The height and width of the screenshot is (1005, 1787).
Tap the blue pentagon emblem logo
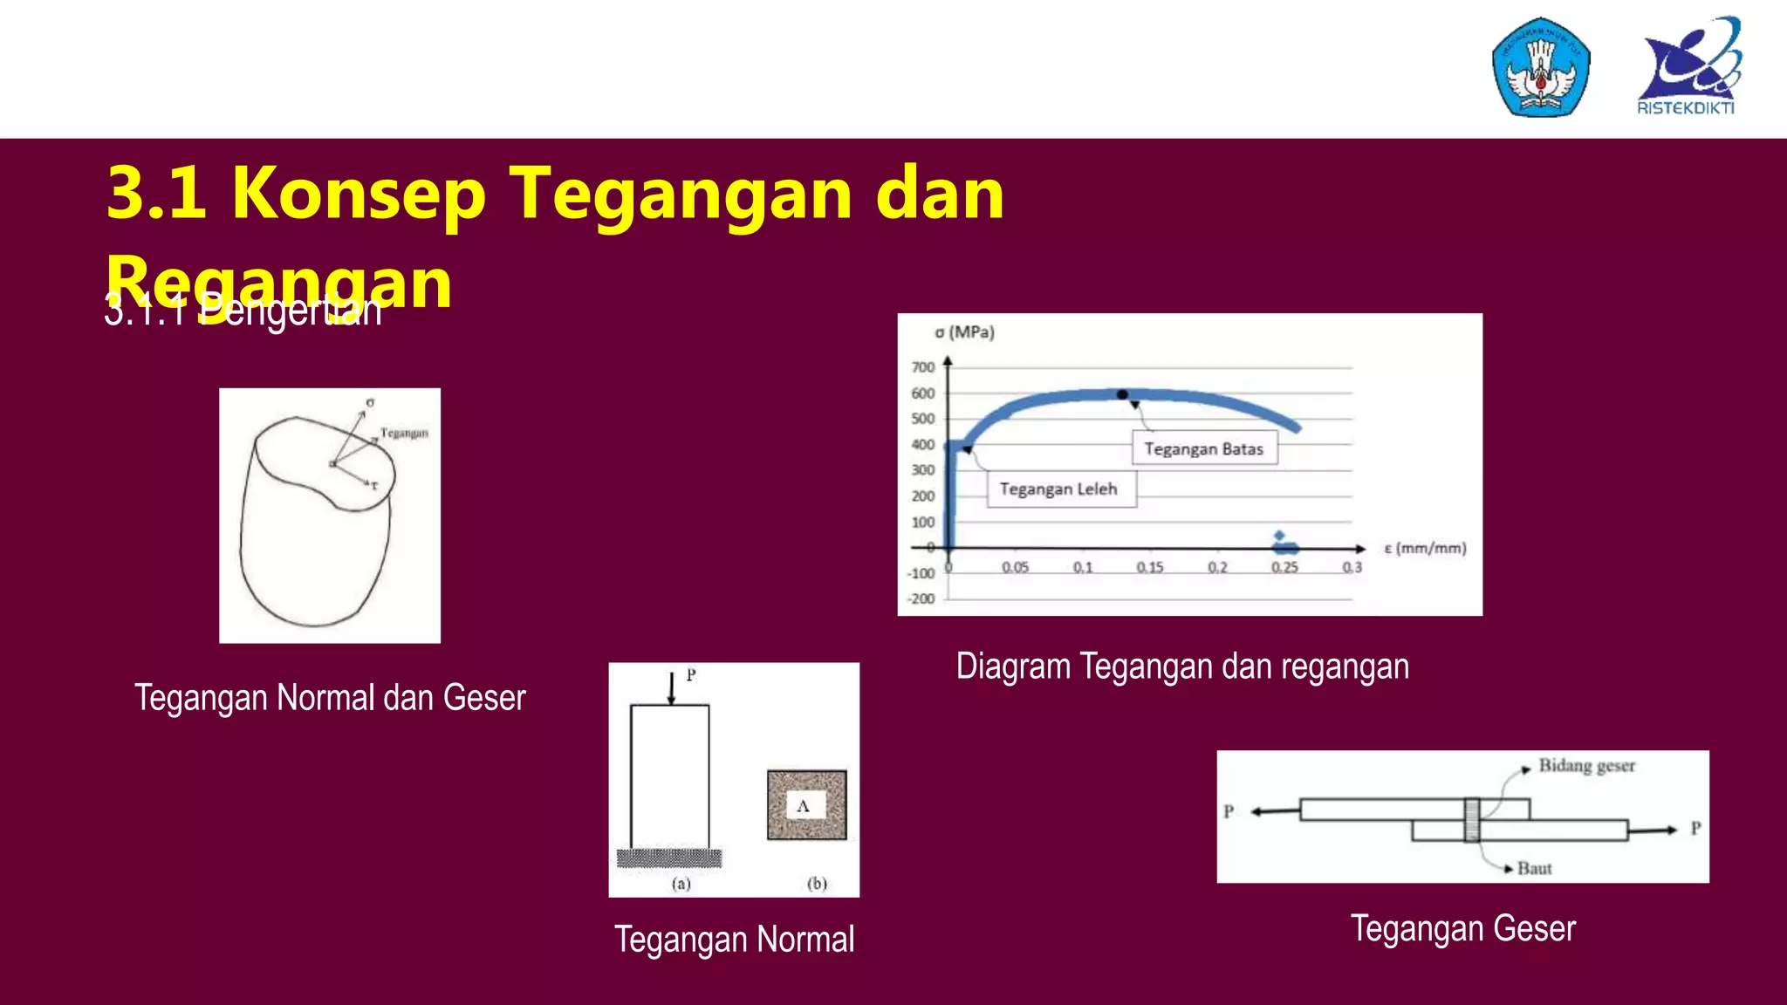pyautogui.click(x=1541, y=67)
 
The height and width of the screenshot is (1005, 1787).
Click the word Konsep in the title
pyautogui.click(x=359, y=193)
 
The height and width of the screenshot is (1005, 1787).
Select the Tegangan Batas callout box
pyautogui.click(x=1204, y=448)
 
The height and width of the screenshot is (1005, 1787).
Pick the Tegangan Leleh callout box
pyautogui.click(x=1061, y=489)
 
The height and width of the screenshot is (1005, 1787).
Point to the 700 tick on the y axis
pyautogui.click(x=923, y=367)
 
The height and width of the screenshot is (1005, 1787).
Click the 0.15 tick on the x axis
pyautogui.click(x=1150, y=567)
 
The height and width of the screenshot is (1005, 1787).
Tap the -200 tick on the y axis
pyautogui.click(x=921, y=598)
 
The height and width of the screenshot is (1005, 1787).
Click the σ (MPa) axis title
pyautogui.click(x=964, y=332)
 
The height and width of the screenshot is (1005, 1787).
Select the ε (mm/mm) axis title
pyautogui.click(x=1425, y=548)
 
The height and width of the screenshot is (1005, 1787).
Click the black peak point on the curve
pyautogui.click(x=1123, y=394)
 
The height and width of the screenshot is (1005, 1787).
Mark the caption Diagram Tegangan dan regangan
pyautogui.click(x=1182, y=667)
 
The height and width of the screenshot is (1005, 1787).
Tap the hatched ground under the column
pyautogui.click(x=669, y=858)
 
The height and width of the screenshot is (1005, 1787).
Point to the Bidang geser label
pyautogui.click(x=1586, y=766)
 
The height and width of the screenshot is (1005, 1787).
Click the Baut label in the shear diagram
pyautogui.click(x=1534, y=868)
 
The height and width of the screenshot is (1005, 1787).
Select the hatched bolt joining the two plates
pyautogui.click(x=1472, y=819)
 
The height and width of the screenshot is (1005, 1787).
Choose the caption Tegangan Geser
pyautogui.click(x=1463, y=928)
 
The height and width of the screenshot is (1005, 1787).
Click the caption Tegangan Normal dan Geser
pyautogui.click(x=330, y=698)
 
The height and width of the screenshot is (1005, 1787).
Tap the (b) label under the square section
pyautogui.click(x=817, y=883)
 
